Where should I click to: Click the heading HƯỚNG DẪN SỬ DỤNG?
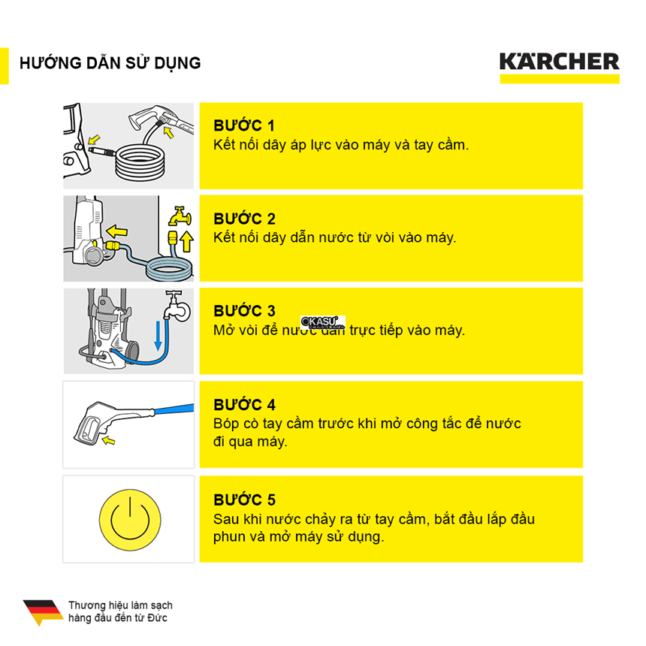click(x=110, y=63)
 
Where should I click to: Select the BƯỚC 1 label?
click(x=244, y=125)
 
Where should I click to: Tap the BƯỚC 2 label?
click(x=244, y=219)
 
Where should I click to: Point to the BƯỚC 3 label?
click(x=244, y=311)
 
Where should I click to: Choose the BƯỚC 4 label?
click(x=244, y=406)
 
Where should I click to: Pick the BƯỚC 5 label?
click(x=244, y=500)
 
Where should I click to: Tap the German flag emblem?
click(x=43, y=611)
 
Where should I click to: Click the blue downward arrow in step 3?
click(x=157, y=334)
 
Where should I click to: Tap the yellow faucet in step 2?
click(x=179, y=217)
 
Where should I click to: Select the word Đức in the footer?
click(x=158, y=618)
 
